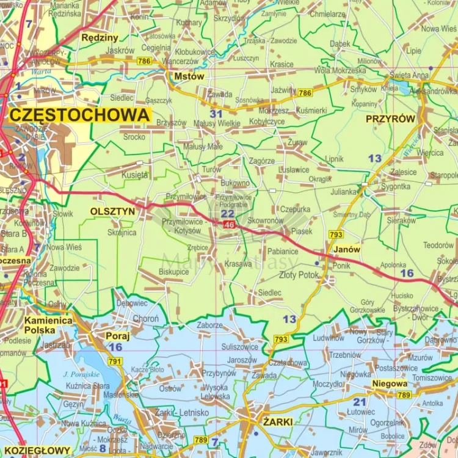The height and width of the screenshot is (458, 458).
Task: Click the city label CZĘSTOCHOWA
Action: tap(80, 115)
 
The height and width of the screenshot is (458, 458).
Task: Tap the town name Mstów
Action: tap(189, 77)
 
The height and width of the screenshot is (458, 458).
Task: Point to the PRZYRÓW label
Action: tap(390, 120)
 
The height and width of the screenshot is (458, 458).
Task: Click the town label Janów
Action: tap(347, 250)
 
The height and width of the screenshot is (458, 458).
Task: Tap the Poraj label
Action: tap(118, 335)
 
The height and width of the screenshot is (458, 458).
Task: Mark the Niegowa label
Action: tap(390, 384)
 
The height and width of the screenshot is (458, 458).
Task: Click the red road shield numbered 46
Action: tap(229, 225)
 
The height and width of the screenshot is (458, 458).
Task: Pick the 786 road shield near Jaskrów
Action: tap(144, 61)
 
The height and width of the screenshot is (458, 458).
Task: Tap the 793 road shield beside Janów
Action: tap(336, 234)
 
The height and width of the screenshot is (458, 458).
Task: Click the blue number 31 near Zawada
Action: tap(216, 114)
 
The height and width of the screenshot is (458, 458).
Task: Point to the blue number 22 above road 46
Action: tap(227, 214)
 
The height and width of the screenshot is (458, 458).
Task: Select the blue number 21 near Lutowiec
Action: tap(359, 401)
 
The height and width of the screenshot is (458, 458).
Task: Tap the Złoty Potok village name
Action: tap(299, 275)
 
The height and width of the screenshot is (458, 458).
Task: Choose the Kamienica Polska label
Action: tap(48, 325)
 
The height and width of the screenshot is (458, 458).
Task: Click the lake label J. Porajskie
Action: tap(81, 374)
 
